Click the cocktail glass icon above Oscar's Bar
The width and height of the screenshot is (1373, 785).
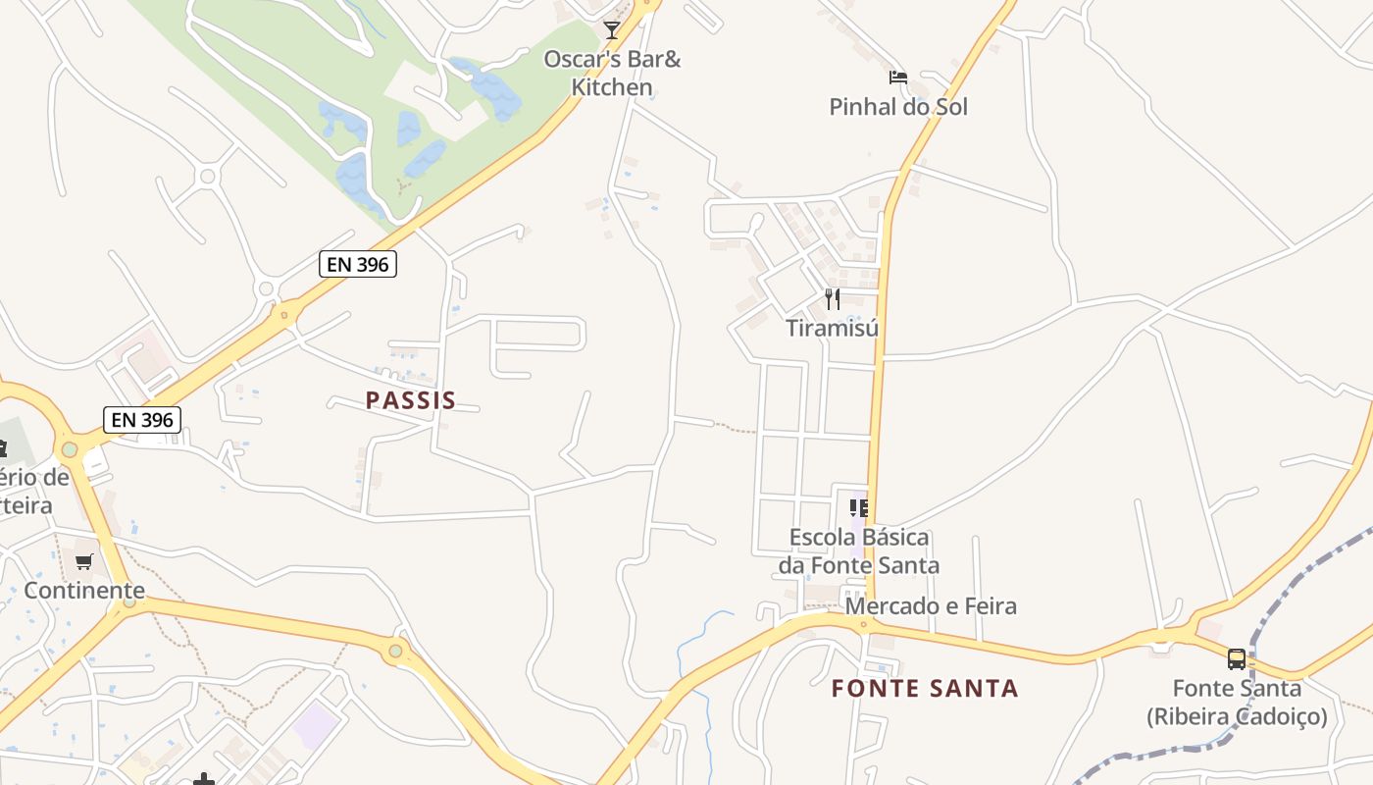pos(612,29)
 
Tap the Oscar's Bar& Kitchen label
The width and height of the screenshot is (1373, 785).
pos(612,74)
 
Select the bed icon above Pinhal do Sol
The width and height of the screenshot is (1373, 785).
pos(897,77)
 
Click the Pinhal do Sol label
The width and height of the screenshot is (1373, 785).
pos(898,107)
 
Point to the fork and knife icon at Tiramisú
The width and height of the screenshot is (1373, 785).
pos(833,298)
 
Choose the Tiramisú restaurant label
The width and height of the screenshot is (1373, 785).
pos(833,328)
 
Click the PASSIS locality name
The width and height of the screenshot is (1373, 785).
pos(411,400)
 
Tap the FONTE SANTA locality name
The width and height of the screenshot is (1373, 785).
pos(925,689)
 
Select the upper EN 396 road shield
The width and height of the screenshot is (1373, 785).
pos(358,263)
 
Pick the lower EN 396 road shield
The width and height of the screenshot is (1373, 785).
pos(142,420)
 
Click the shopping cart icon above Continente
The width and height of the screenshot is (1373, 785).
pos(84,562)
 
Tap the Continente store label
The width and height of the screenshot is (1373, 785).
pos(84,591)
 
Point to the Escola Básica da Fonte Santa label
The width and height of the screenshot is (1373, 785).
pos(859,551)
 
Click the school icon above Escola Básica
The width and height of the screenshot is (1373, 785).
pos(859,507)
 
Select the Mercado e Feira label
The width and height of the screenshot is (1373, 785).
pos(931,606)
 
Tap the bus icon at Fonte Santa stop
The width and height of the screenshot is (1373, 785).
pos(1237,658)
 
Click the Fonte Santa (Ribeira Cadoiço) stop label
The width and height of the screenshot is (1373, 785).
pos(1237,703)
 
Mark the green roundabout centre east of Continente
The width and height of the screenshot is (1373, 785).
pos(395,650)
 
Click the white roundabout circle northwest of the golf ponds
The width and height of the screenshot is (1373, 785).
pos(207,177)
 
